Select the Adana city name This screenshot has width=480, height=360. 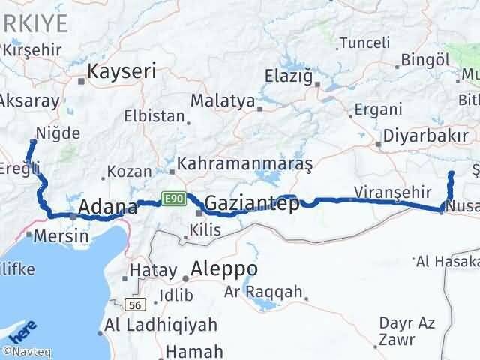coord(107,207)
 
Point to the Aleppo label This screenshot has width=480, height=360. coord(224,268)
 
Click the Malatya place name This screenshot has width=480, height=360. coord(222,100)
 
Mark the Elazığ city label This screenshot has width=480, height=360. coord(291,75)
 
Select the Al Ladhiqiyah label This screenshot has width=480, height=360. coord(160,325)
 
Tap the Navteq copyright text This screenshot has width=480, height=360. coord(25,351)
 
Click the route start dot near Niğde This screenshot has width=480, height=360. coord(32,140)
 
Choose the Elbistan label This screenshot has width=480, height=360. coord(154,116)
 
